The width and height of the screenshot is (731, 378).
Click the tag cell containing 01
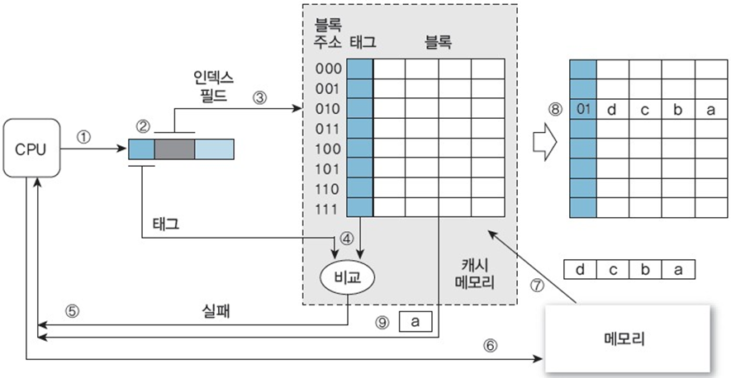pyautogui.click(x=583, y=109)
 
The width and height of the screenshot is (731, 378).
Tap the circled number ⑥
pyautogui.click(x=491, y=346)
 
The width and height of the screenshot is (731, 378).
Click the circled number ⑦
pyautogui.click(x=539, y=286)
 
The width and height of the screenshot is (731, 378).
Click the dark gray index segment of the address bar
pyautogui.click(x=173, y=149)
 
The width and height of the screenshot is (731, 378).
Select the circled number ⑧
pyautogui.click(x=555, y=108)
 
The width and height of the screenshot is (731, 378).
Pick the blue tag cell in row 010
pyautogui.click(x=359, y=107)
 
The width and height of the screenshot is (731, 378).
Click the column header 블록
pyautogui.click(x=439, y=40)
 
